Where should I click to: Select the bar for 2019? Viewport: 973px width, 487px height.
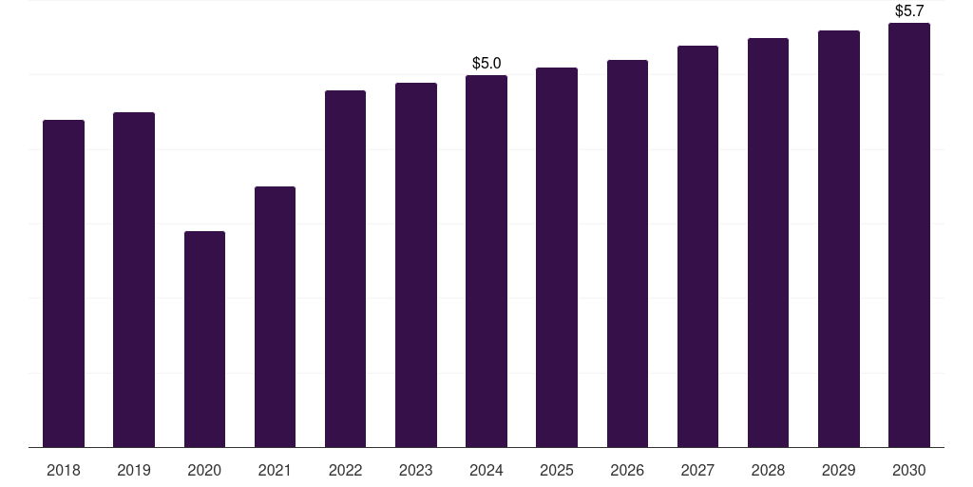tap(134, 280)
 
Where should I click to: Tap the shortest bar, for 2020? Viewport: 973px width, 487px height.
tap(204, 339)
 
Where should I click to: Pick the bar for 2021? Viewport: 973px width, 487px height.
tap(275, 317)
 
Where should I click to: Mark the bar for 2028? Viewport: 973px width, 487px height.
tap(768, 243)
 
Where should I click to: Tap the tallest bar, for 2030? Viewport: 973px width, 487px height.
tap(909, 235)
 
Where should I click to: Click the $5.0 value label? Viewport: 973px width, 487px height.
tap(486, 64)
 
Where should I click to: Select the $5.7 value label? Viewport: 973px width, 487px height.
tap(909, 11)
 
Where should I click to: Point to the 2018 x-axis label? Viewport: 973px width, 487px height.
tap(64, 470)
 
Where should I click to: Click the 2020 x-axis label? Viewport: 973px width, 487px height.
tap(204, 470)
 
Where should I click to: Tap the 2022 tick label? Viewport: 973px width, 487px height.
tap(345, 470)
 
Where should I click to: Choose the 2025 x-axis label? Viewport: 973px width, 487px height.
tap(557, 470)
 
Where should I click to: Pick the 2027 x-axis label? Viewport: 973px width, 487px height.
tap(697, 470)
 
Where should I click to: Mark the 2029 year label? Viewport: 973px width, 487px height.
tap(839, 470)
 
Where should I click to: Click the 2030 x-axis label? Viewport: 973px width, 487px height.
tap(909, 470)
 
